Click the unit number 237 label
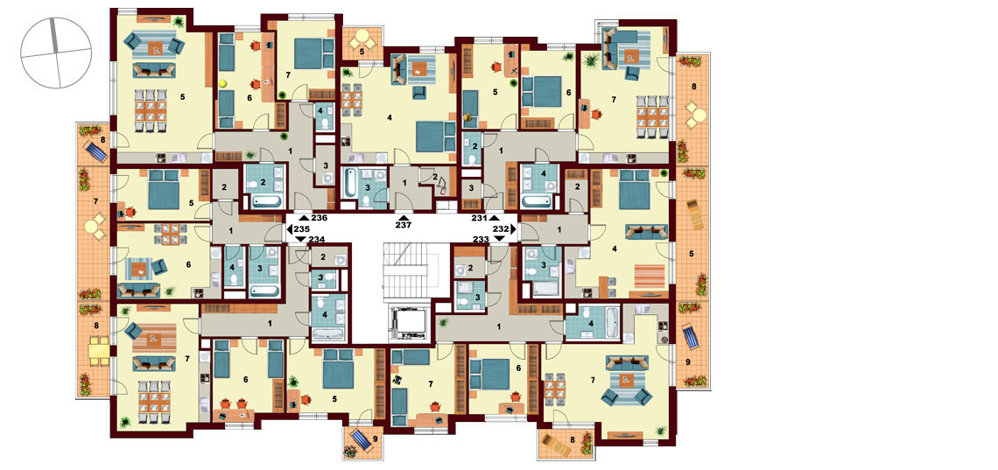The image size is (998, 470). [x=404, y=225]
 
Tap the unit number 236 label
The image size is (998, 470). [x=319, y=218]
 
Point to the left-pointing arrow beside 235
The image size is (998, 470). [x=290, y=228]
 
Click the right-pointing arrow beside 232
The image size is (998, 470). [x=514, y=228]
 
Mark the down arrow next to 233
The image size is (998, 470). [x=500, y=238]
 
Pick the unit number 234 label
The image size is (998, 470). [x=316, y=239]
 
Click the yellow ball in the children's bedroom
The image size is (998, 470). [x=223, y=83]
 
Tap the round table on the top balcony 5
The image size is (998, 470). [x=362, y=36]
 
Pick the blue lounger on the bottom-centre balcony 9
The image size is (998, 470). [x=362, y=438]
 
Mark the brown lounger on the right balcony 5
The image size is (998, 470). [x=695, y=214]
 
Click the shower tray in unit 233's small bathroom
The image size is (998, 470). [x=469, y=301]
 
